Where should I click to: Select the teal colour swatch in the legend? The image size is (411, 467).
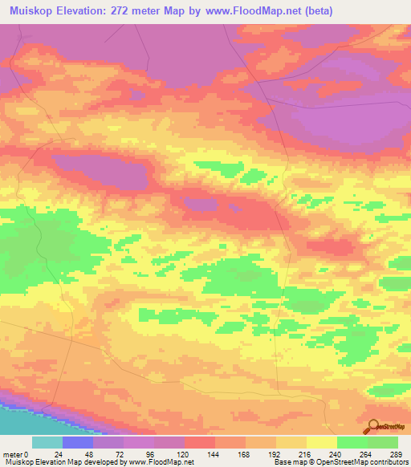click(x=47, y=442)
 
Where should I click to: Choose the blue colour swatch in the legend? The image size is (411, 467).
click(x=78, y=442)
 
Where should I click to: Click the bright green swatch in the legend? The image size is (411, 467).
click(x=352, y=442)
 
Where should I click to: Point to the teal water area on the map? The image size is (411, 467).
click(x=24, y=420)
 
